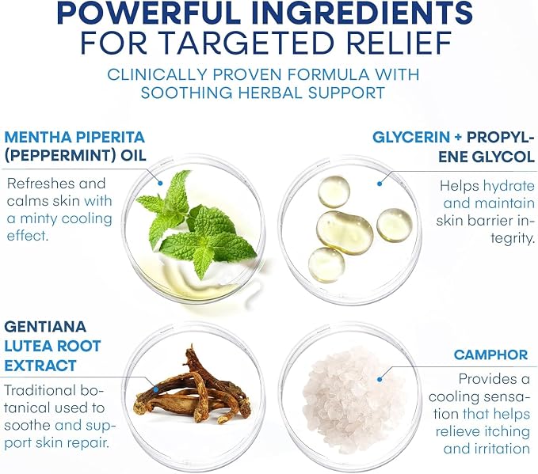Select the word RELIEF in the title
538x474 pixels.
pyautogui.click(x=399, y=44)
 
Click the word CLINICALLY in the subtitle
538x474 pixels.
pyautogui.click(x=158, y=74)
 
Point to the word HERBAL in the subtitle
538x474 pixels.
pyautogui.click(x=269, y=93)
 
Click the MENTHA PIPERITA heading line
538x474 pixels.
pyautogui.click(x=74, y=137)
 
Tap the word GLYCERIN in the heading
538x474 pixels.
pyautogui.click(x=411, y=138)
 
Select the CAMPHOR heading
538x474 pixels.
pyautogui.click(x=490, y=355)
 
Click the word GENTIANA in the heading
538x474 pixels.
pyautogui.click(x=45, y=326)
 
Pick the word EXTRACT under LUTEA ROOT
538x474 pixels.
pyautogui.click(x=40, y=366)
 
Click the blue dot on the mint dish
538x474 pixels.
pyautogui.click(x=160, y=184)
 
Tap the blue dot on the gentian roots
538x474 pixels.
pyautogui.click(x=156, y=389)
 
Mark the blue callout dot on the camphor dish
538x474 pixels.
pyautogui.click(x=380, y=379)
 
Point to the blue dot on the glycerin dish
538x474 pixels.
pyautogui.click(x=380, y=184)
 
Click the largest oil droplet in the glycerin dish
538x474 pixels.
pyautogui.click(x=345, y=233)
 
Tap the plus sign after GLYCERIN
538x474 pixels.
pyautogui.click(x=458, y=138)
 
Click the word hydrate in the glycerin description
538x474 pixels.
pyautogui.click(x=509, y=186)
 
